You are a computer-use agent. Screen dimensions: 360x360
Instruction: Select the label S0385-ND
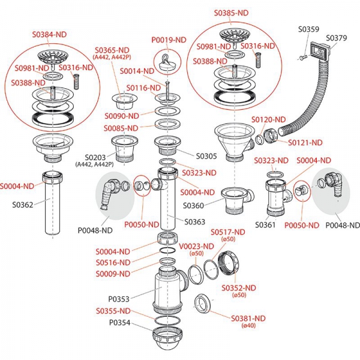click(x=231, y=13)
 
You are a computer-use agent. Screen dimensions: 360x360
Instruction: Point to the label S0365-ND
click(x=112, y=50)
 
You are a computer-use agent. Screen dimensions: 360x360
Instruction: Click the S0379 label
click(x=337, y=38)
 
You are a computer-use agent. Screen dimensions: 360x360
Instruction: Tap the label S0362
click(x=23, y=204)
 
